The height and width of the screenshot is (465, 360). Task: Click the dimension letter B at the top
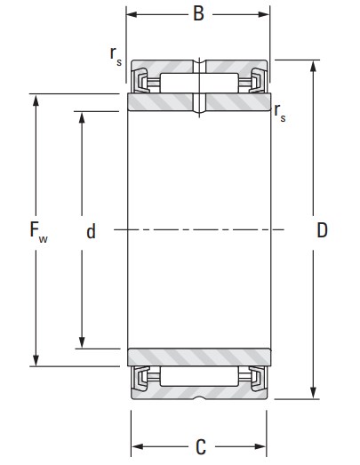(198, 13)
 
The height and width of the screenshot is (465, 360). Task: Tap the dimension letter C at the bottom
(201, 446)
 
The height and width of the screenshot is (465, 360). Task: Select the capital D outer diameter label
(323, 230)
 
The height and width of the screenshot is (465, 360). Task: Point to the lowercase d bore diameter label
(92, 231)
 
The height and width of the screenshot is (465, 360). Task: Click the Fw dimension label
(38, 231)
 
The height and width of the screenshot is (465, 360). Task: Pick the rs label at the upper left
(116, 56)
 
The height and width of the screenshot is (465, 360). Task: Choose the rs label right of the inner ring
(280, 113)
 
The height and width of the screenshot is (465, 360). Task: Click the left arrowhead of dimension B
(132, 14)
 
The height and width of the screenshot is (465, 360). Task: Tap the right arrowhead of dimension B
(264, 14)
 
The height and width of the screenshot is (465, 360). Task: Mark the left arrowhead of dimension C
(137, 446)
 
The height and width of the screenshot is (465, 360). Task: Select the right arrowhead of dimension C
(260, 446)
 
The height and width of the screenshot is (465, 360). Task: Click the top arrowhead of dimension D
(313, 66)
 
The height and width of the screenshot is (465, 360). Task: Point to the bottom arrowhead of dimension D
(313, 393)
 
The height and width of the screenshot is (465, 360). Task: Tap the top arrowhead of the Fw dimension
(36, 100)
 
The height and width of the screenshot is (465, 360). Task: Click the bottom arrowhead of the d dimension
(82, 342)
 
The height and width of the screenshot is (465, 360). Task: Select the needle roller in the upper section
(199, 83)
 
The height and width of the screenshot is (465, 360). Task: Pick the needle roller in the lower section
(199, 376)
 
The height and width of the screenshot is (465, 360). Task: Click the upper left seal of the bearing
(140, 80)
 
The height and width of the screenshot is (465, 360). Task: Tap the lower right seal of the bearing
(257, 379)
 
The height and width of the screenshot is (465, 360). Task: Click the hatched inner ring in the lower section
(199, 357)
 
